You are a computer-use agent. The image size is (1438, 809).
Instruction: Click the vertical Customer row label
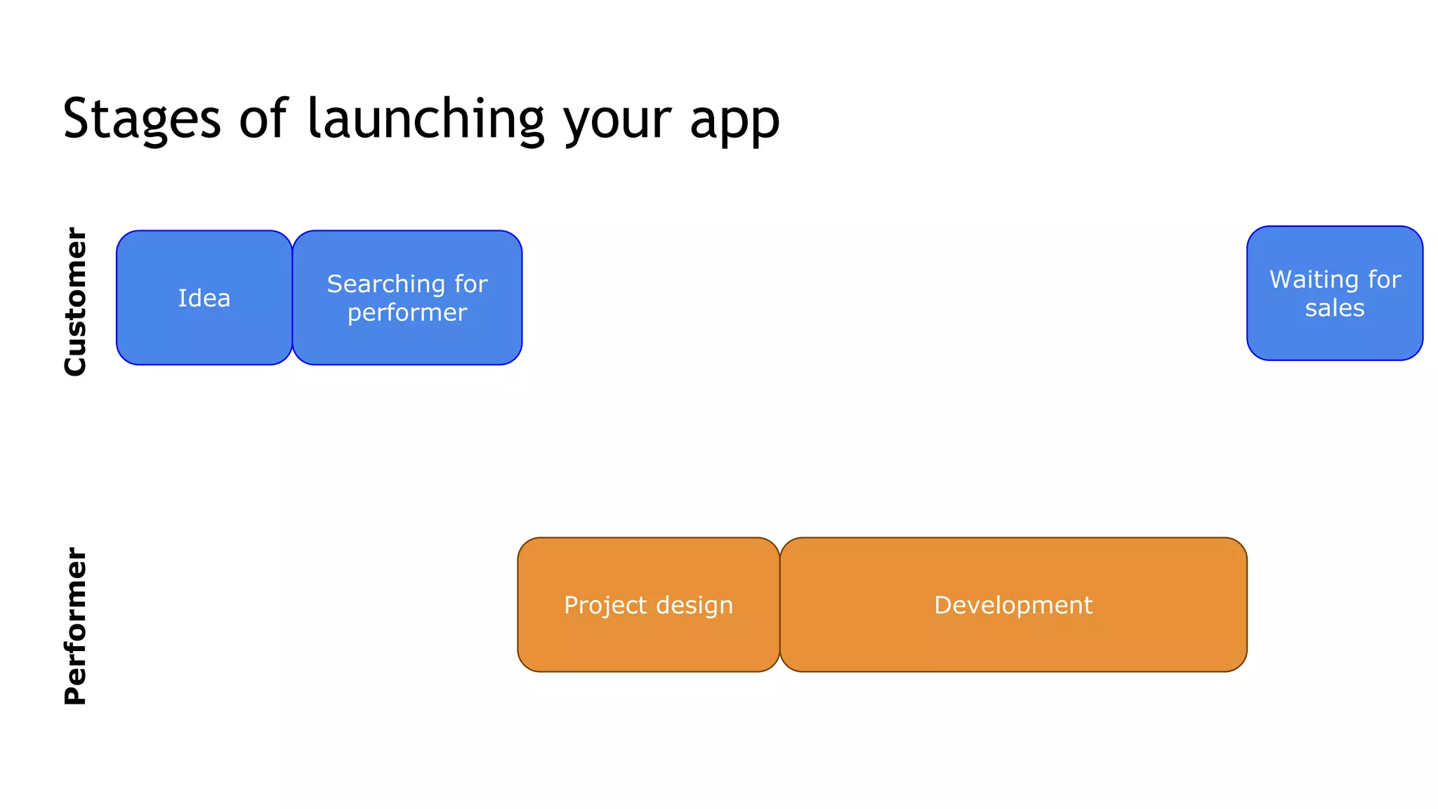[75, 301]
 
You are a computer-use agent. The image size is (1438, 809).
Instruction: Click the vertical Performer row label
[75, 626]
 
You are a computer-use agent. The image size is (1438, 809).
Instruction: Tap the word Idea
[204, 298]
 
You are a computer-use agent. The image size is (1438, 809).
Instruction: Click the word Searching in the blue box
[386, 284]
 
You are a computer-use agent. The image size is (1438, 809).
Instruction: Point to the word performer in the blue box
[407, 313]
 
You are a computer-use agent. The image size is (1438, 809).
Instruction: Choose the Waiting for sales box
[1334, 337]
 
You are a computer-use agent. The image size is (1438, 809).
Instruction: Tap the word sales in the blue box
[1335, 308]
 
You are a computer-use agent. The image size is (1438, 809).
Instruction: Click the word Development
[1013, 605]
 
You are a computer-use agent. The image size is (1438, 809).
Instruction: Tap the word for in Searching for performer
[470, 284]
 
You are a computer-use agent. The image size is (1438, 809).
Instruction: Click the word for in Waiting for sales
[1384, 279]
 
